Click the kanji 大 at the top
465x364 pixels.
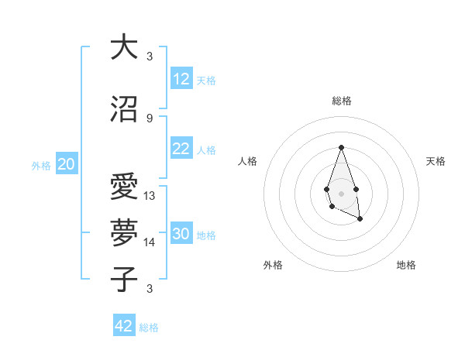coord(123,47)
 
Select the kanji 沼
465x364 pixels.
coord(123,110)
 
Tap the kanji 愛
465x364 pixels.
coord(123,187)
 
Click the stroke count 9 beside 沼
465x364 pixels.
coord(150,118)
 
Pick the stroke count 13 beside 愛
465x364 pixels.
coord(150,195)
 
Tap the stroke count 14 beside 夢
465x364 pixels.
coord(150,242)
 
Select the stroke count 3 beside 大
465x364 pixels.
coord(150,57)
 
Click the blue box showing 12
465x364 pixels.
coord(181,79)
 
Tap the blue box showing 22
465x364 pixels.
coord(181,149)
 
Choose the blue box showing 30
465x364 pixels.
coord(181,234)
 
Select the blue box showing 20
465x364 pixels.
coord(67,164)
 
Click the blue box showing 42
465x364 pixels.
coord(124,326)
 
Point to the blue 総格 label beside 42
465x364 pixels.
coord(149,328)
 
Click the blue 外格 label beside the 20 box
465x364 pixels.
coord(41,165)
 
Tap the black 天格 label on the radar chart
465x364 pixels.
coord(436,161)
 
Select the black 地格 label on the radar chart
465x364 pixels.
coord(406,265)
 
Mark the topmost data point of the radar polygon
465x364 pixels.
coord(341,147)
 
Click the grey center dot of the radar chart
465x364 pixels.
coord(341,192)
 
